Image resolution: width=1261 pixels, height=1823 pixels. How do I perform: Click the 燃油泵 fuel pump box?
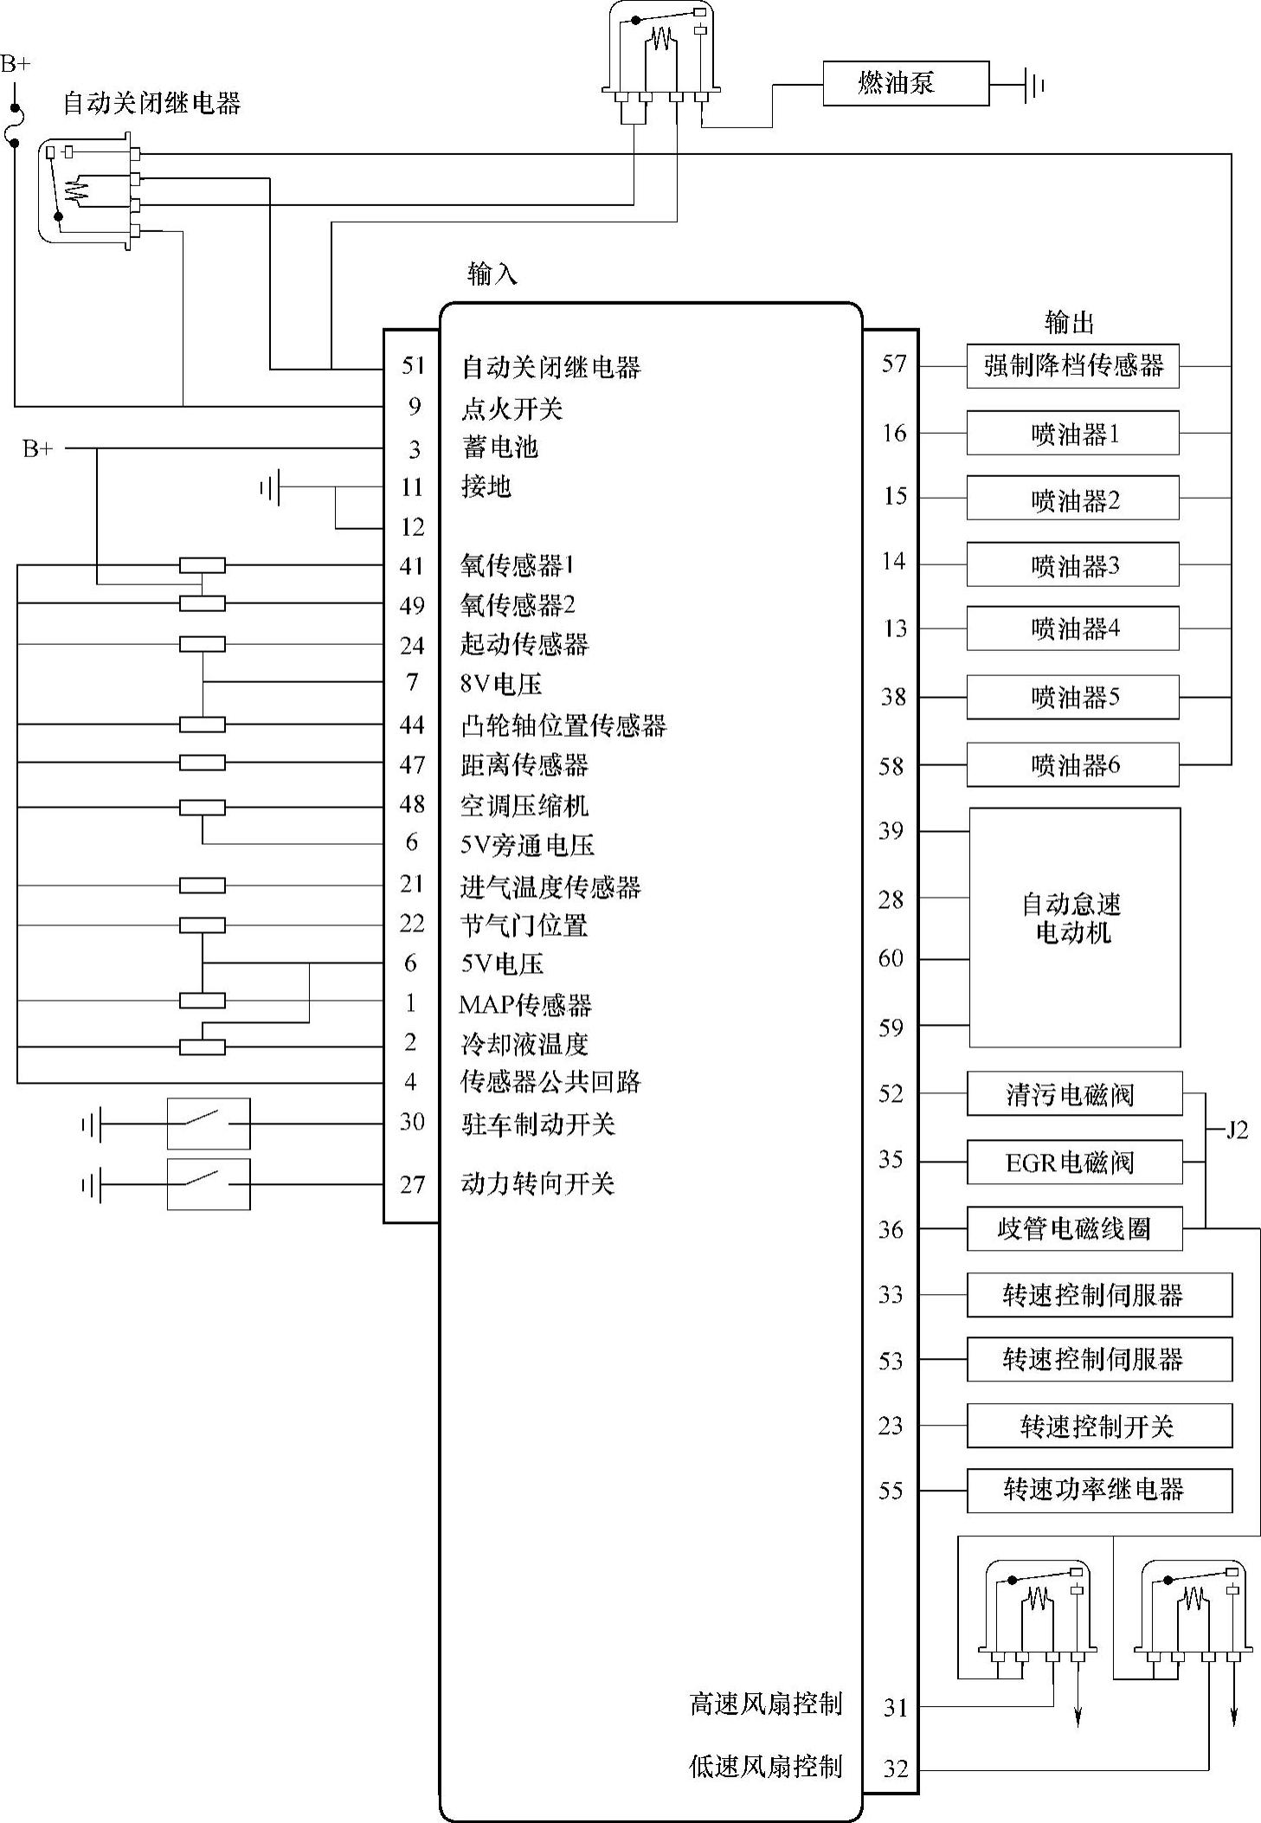[905, 84]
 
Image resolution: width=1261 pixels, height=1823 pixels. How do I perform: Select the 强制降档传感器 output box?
[1072, 366]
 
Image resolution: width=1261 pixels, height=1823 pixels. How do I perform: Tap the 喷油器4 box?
[1072, 628]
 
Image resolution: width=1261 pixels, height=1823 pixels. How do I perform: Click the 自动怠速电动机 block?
[1074, 927]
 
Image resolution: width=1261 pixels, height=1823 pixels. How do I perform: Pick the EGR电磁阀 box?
[1074, 1162]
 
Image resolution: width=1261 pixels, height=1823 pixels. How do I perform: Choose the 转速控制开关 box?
[1099, 1426]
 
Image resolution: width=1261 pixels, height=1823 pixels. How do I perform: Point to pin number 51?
[414, 365]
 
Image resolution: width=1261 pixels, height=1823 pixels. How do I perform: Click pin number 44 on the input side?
[412, 725]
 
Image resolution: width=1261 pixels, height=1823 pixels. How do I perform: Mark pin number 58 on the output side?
[891, 766]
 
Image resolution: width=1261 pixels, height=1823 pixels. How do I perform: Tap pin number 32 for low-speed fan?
[896, 1768]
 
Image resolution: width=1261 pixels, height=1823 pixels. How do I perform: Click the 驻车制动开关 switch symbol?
[209, 1124]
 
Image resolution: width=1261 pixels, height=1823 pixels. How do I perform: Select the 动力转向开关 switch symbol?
[209, 1184]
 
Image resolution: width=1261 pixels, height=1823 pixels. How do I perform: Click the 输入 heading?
[492, 274]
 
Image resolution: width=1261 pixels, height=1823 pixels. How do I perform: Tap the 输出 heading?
[1070, 323]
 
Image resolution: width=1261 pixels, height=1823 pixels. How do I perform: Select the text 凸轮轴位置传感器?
[563, 725]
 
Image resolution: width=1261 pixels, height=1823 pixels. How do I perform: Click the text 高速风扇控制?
[765, 1704]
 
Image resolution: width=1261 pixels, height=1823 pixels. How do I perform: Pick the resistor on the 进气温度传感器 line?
[203, 886]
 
